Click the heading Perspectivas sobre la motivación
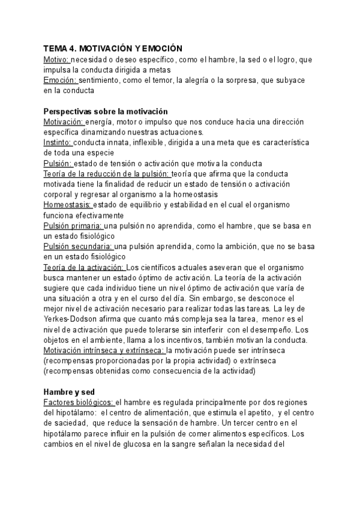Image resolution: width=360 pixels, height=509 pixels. (106, 112)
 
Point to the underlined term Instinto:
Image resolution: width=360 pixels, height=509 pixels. (58, 143)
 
